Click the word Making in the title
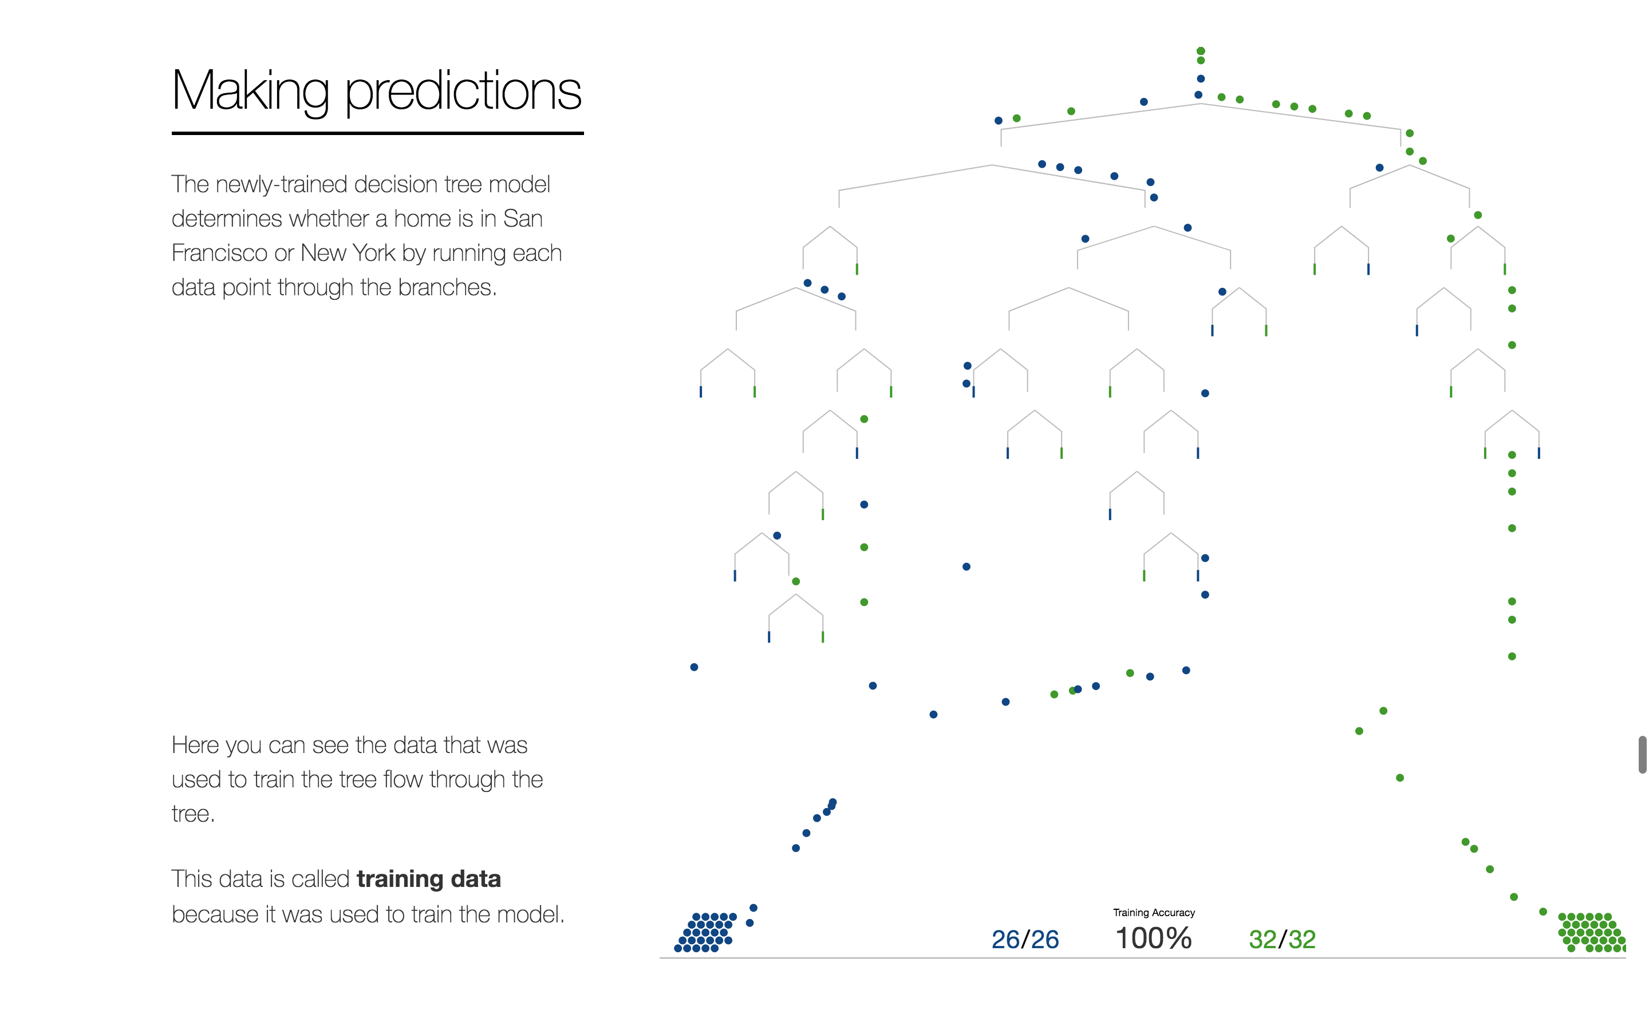[251, 92]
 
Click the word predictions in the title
[463, 92]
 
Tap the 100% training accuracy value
[1154, 938]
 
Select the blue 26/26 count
[1025, 940]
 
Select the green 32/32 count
[1282, 940]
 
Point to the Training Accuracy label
[1154, 913]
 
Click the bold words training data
[429, 879]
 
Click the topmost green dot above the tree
[1201, 51]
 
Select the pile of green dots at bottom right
[1592, 932]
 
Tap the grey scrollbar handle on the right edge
[1642, 754]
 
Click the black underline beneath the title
[377, 133]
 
